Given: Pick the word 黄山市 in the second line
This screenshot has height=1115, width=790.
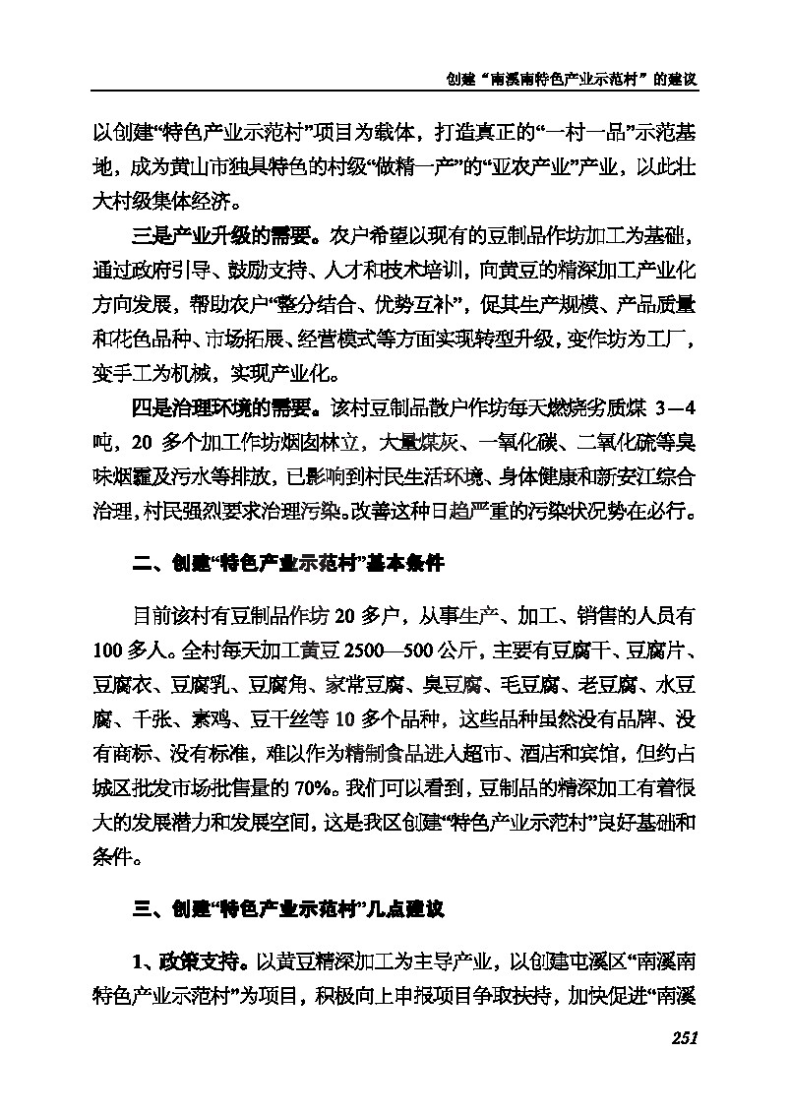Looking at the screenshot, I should pos(191,169).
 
